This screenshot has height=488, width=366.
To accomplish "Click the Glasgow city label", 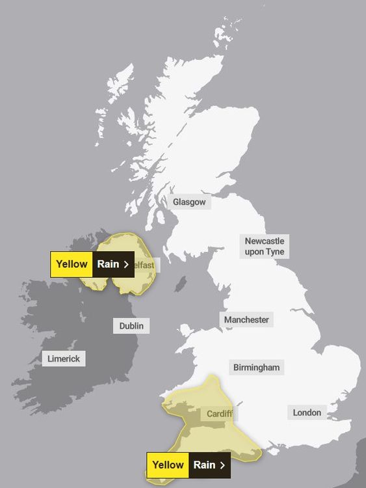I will [x=189, y=202].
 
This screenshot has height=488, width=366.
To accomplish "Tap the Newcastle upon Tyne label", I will [x=265, y=247].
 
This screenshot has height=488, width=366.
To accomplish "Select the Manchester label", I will [x=246, y=319].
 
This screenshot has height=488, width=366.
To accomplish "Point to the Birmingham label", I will [x=256, y=368].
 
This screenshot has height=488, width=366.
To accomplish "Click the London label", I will [x=307, y=413].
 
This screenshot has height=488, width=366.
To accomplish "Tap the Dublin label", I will [x=131, y=325].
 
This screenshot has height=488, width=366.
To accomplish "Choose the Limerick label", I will [x=64, y=359].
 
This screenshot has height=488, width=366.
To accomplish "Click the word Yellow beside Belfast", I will [x=72, y=264].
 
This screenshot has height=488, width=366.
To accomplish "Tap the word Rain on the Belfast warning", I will [x=108, y=264].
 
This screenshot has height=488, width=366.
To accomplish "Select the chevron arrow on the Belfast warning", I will [x=126, y=264].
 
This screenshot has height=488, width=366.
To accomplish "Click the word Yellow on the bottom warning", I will [x=168, y=465].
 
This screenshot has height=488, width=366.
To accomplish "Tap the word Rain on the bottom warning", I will [x=204, y=465].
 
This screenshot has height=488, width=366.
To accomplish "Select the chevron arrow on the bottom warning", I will [x=222, y=465].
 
